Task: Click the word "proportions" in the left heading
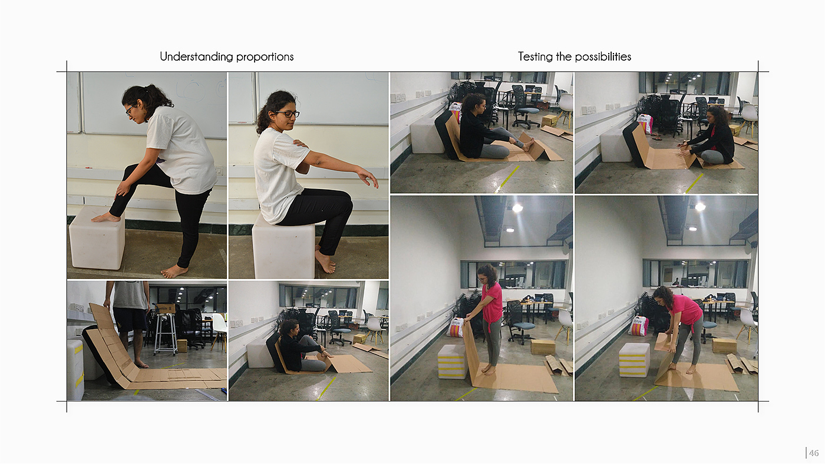tap(265, 57)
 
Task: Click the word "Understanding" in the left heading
tap(197, 57)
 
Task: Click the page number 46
tap(814, 453)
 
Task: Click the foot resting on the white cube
tap(106, 217)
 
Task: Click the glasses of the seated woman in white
tap(287, 114)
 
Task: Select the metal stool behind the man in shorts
tap(166, 333)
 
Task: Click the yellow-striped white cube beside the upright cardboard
tap(452, 362)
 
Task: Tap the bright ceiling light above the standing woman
tap(517, 208)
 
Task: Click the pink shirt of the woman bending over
tap(686, 309)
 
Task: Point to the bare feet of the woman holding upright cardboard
tap(489, 369)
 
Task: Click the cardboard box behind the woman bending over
tap(724, 346)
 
